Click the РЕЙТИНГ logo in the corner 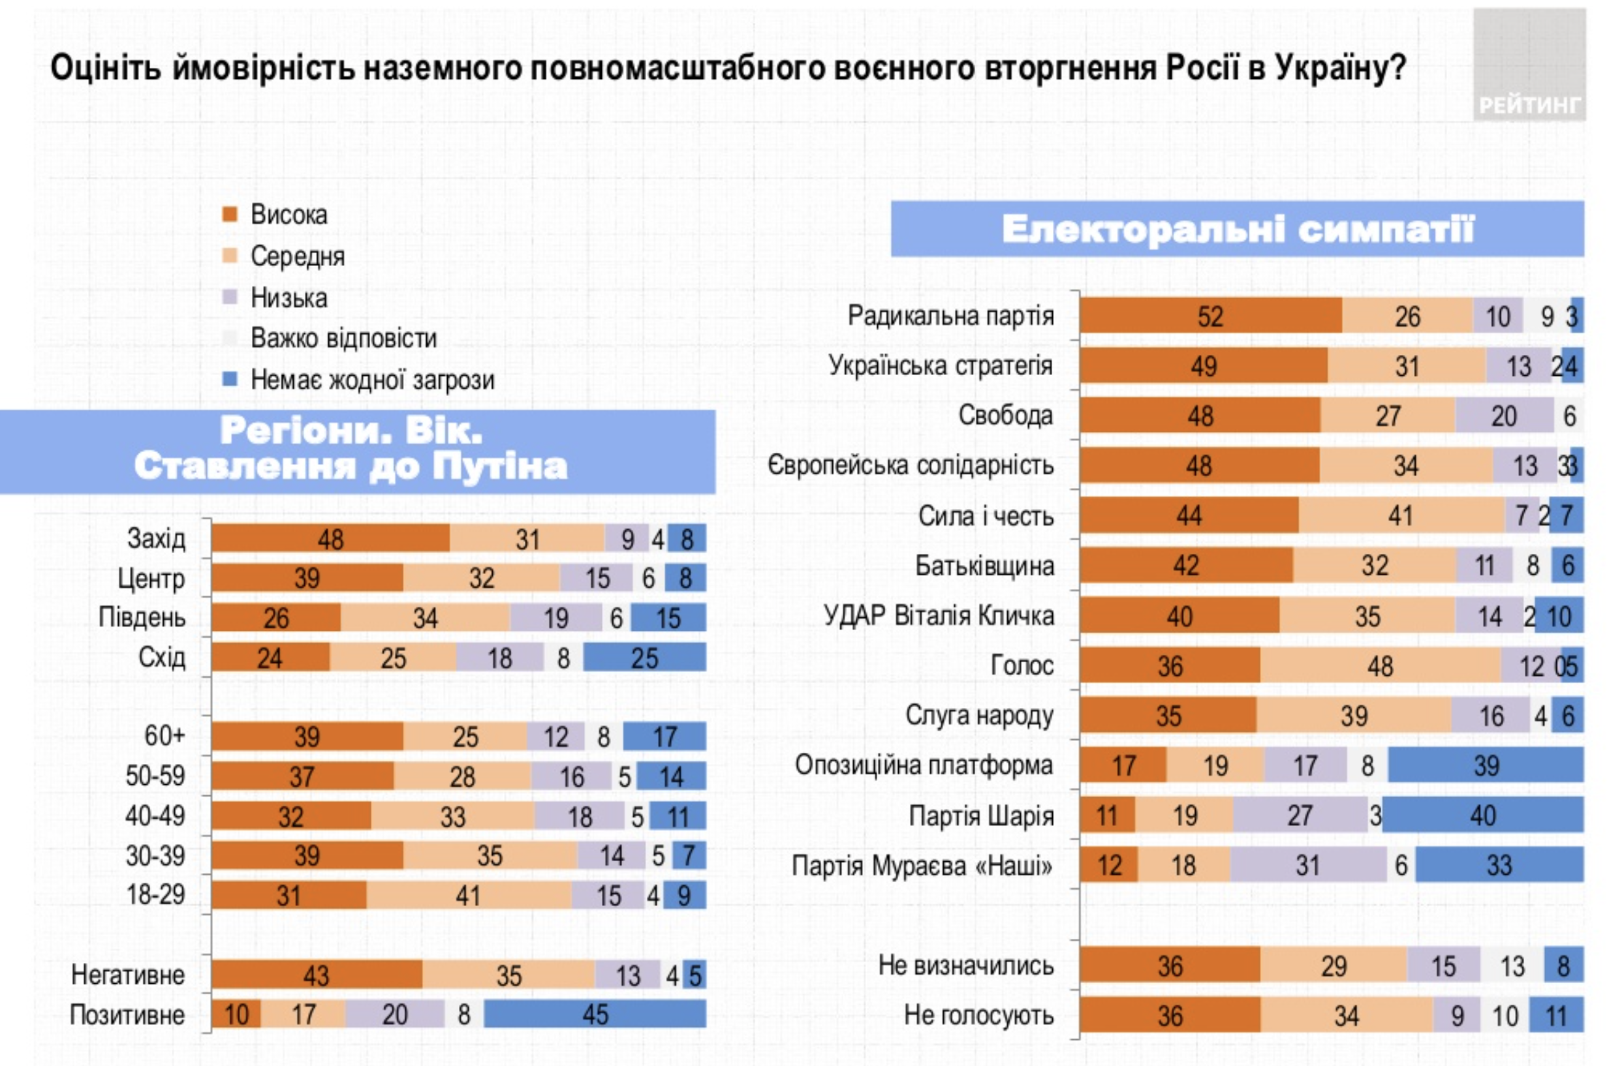pyautogui.click(x=1529, y=65)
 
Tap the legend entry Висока pyautogui.click(x=288, y=215)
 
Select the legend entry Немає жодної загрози pyautogui.click(x=372, y=380)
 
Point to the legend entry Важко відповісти pyautogui.click(x=343, y=339)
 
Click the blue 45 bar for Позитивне pyautogui.click(x=595, y=1014)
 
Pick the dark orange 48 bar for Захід pyautogui.click(x=330, y=539)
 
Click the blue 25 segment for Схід pyautogui.click(x=644, y=658)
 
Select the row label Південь pyautogui.click(x=142, y=617)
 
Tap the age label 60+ pyautogui.click(x=164, y=736)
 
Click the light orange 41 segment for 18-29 pyautogui.click(x=468, y=896)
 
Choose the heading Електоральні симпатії pyautogui.click(x=1237, y=229)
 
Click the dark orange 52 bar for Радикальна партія pyautogui.click(x=1210, y=316)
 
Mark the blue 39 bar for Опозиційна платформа pyautogui.click(x=1486, y=765)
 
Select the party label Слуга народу pyautogui.click(x=979, y=716)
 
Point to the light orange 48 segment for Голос pyautogui.click(x=1380, y=665)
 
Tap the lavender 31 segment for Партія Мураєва pyautogui.click(x=1308, y=865)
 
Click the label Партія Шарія pyautogui.click(x=981, y=815)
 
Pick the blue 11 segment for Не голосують pyautogui.click(x=1555, y=1016)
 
